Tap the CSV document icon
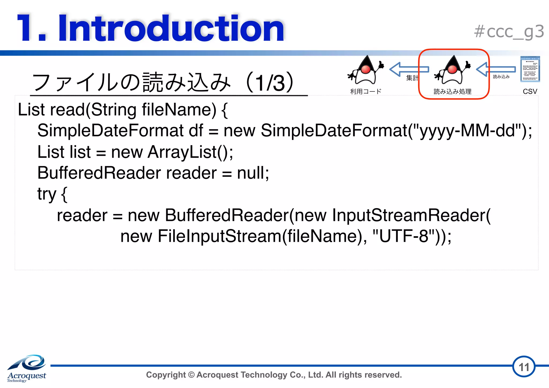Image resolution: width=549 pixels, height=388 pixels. [530, 69]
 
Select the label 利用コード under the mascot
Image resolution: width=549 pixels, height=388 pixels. [366, 91]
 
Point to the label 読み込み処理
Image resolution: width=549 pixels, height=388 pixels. [452, 91]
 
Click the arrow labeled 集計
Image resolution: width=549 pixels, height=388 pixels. [409, 69]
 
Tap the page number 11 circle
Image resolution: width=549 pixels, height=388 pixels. [524, 367]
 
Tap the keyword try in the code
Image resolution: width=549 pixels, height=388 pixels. [47, 194]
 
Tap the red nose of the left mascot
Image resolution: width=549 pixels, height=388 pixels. [366, 69]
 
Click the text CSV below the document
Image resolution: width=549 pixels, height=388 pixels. [530, 91]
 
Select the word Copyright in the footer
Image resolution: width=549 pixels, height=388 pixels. [166, 375]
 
